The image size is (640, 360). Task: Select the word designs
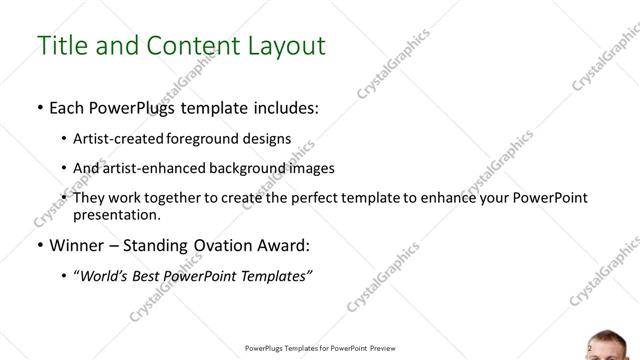[x=266, y=138]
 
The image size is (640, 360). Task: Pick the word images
[x=312, y=168]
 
